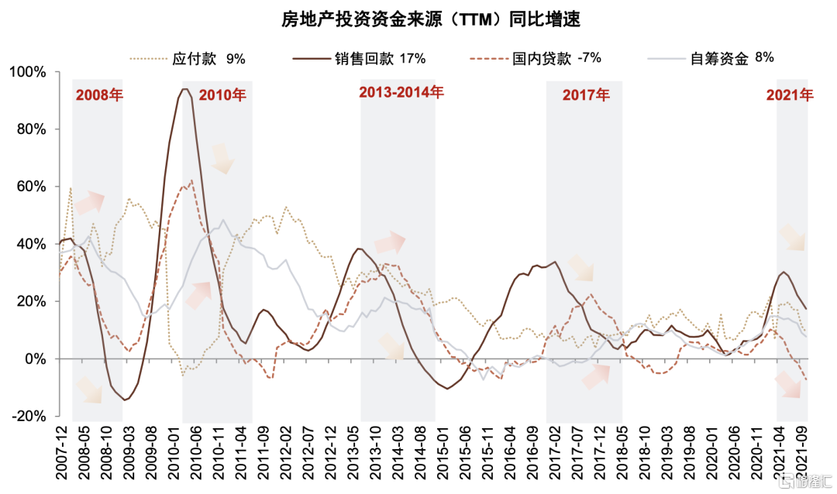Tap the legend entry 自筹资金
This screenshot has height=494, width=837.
pos(718,58)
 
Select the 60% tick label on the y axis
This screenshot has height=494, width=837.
pos(31,187)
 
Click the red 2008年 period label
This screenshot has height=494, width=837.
pos(99,97)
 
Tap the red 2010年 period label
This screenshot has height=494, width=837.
pos(222,96)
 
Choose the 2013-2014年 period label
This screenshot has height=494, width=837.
pos(401,93)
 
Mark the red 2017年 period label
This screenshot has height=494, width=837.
pos(586,96)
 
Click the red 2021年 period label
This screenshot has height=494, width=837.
pos(790,96)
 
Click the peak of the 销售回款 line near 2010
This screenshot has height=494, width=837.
pos(184,89)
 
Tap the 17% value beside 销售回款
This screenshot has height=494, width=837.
pos(412,58)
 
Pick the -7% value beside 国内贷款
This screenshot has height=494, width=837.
pos(588,57)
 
